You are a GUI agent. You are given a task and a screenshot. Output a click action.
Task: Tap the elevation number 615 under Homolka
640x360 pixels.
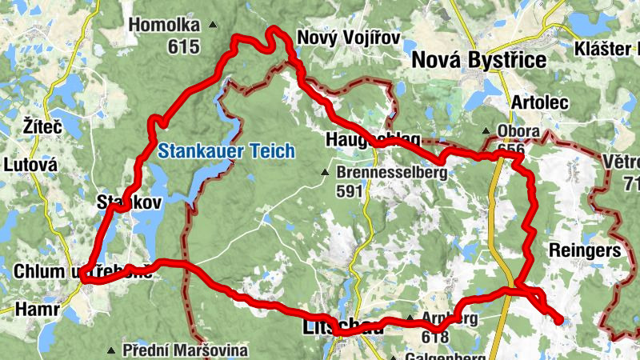pyautogui.click(x=183, y=47)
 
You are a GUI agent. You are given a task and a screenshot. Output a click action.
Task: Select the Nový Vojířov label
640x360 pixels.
pyautogui.click(x=348, y=38)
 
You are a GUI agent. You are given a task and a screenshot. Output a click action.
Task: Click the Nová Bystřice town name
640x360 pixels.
pyautogui.click(x=478, y=60)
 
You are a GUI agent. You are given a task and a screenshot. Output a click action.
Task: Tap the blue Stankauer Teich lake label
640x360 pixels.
pyautogui.click(x=226, y=150)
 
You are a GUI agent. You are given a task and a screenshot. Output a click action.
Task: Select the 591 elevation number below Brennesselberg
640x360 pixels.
pyautogui.click(x=350, y=191)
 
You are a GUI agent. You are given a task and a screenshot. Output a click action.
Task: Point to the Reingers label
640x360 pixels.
pyautogui.click(x=586, y=250)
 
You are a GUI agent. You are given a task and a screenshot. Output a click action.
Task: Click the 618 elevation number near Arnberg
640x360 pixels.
pyautogui.click(x=434, y=338)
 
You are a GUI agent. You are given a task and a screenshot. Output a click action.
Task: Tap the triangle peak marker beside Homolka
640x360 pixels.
pyautogui.click(x=212, y=26)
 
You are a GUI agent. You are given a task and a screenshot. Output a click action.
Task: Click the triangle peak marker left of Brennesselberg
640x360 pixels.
pyautogui.click(x=325, y=172)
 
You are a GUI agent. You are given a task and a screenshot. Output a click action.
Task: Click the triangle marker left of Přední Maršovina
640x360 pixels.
pyautogui.click(x=111, y=350)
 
